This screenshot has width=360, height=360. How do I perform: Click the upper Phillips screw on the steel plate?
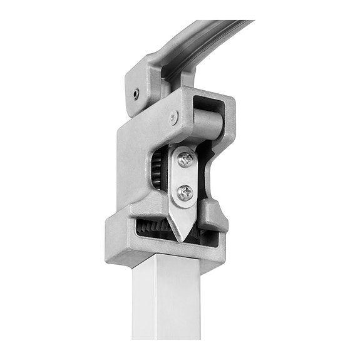[187, 160]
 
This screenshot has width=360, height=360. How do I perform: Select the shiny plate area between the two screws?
[185, 176]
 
